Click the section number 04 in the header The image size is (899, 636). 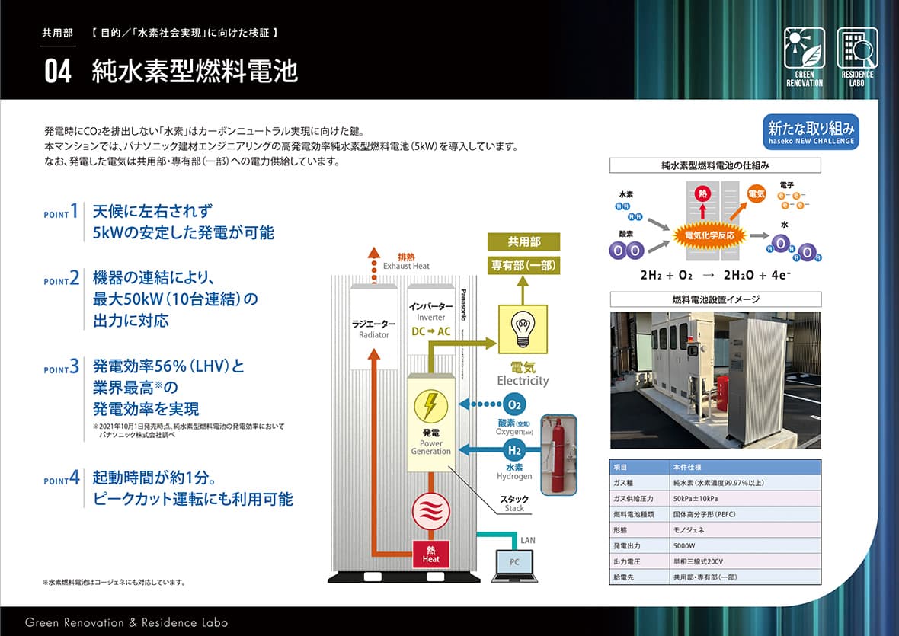point(58,72)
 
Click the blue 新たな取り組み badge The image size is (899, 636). point(811,131)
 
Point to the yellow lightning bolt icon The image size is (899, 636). point(430,406)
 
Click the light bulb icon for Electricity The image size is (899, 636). point(522,328)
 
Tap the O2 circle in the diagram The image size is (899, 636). point(515,404)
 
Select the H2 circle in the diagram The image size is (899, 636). point(515,450)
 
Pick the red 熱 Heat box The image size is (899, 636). point(431,554)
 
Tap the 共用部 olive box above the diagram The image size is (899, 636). point(523,241)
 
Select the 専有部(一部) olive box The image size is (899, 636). point(523,266)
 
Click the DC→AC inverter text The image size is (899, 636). point(430,331)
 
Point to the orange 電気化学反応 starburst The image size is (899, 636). point(710,235)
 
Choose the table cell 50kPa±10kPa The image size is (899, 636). point(696,498)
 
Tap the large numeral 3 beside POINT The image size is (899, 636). point(75,367)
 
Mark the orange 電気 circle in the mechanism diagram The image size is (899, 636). point(756,195)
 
